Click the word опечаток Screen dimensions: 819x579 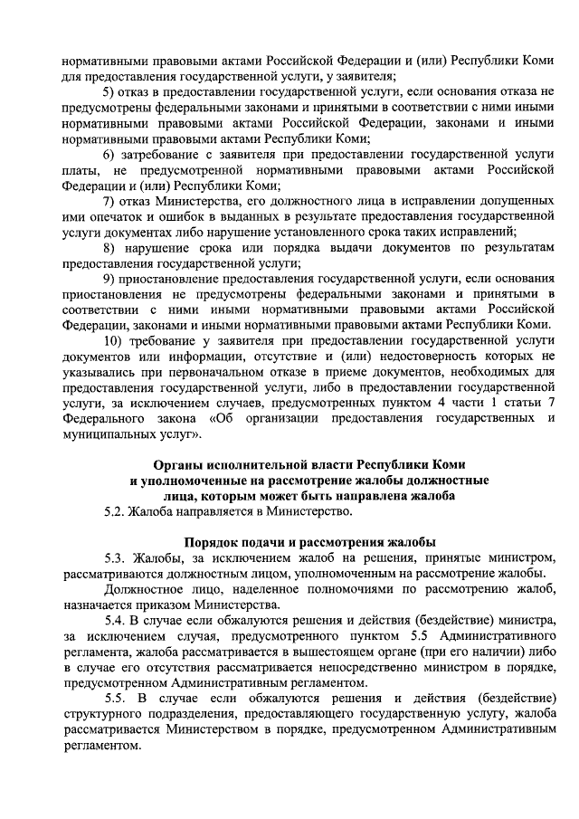click(115, 215)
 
